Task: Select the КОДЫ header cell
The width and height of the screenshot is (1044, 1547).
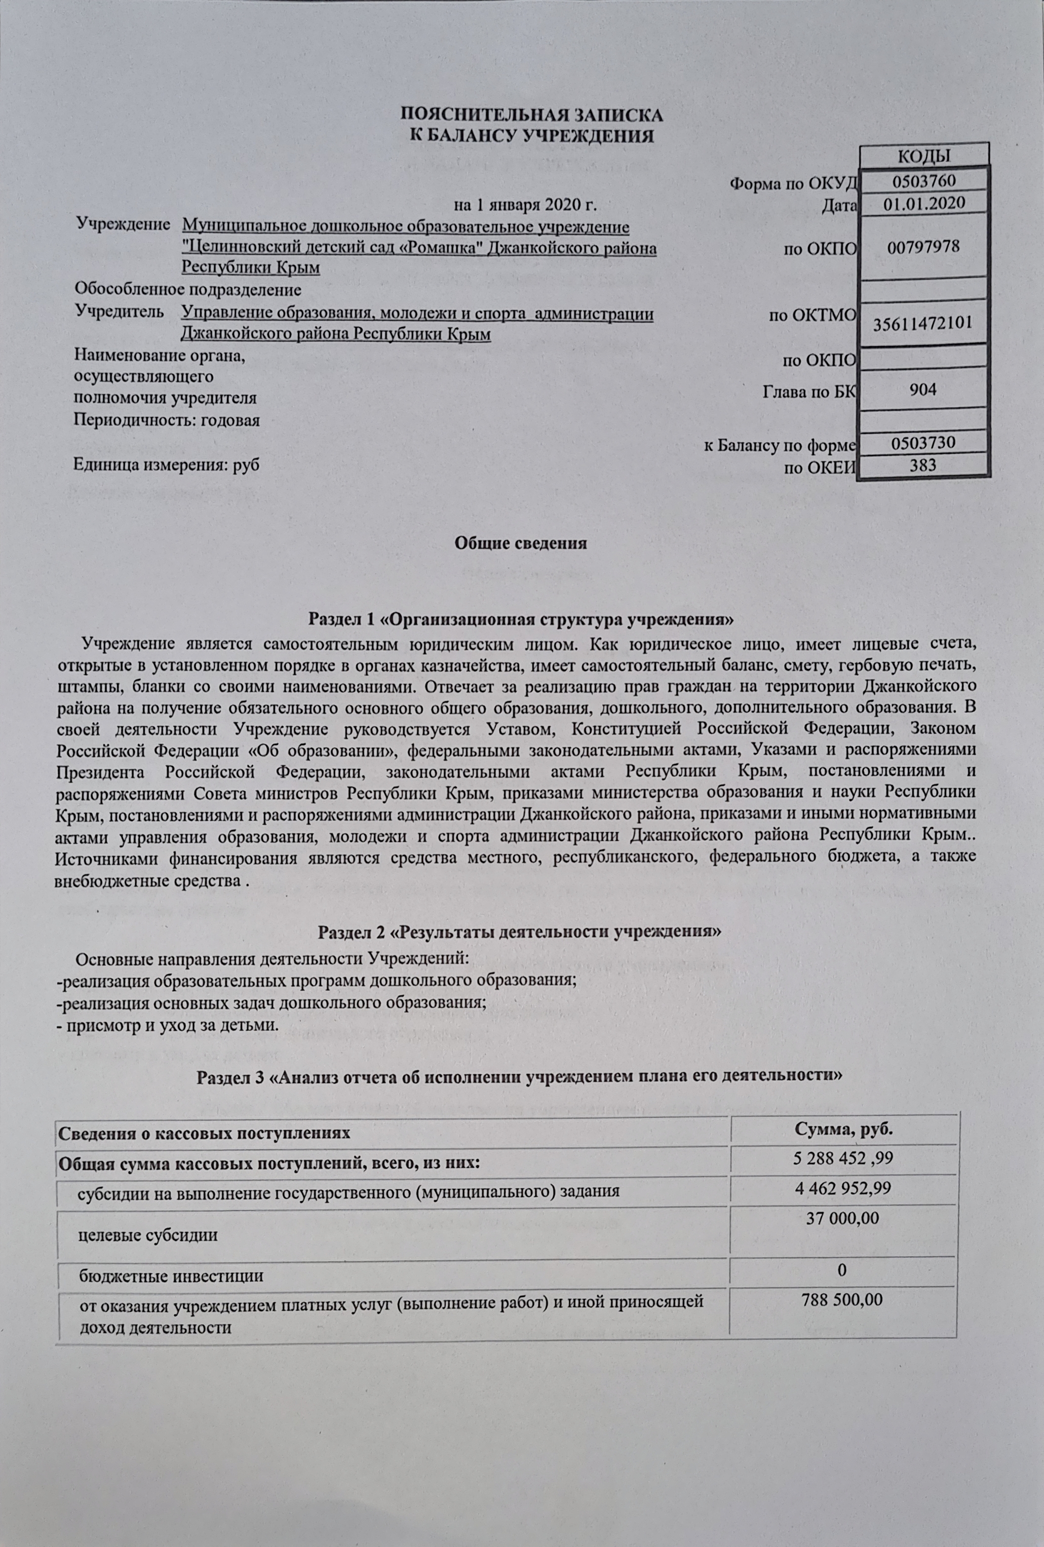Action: (924, 156)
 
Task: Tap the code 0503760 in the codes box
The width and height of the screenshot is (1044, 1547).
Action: (923, 181)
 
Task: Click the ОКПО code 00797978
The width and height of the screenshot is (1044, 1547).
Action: (923, 247)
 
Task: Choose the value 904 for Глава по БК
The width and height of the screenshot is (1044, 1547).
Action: (923, 389)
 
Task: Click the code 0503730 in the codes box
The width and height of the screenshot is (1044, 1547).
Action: (923, 443)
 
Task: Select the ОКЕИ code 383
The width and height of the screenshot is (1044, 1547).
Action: (923, 465)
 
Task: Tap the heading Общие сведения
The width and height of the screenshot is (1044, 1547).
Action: (521, 543)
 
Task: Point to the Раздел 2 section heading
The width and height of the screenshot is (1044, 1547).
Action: (519, 931)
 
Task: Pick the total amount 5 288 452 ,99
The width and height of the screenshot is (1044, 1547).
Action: (843, 1159)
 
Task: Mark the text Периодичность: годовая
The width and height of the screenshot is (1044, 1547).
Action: (166, 421)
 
